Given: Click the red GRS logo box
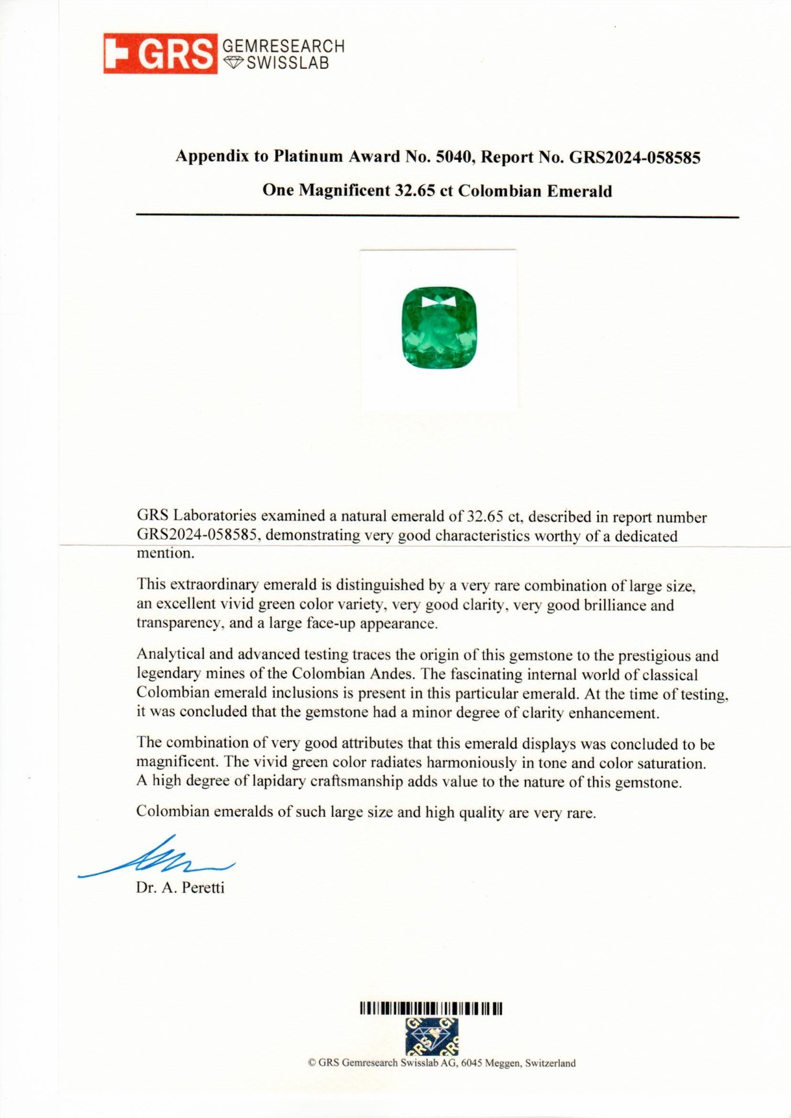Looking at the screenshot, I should [x=160, y=53].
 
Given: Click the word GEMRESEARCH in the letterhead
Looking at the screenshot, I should [x=283, y=46].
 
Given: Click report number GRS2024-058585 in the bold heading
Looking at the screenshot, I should [x=634, y=157].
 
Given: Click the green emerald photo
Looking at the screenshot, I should [x=439, y=328].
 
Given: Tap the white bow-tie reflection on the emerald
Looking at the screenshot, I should [x=438, y=302].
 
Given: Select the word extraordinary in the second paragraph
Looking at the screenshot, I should [x=214, y=585].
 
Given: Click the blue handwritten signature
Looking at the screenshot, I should [x=156, y=858].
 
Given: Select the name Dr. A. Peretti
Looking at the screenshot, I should [x=180, y=888].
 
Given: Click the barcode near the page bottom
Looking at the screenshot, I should [x=431, y=1009].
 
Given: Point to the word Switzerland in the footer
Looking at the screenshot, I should [x=550, y=1063].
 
